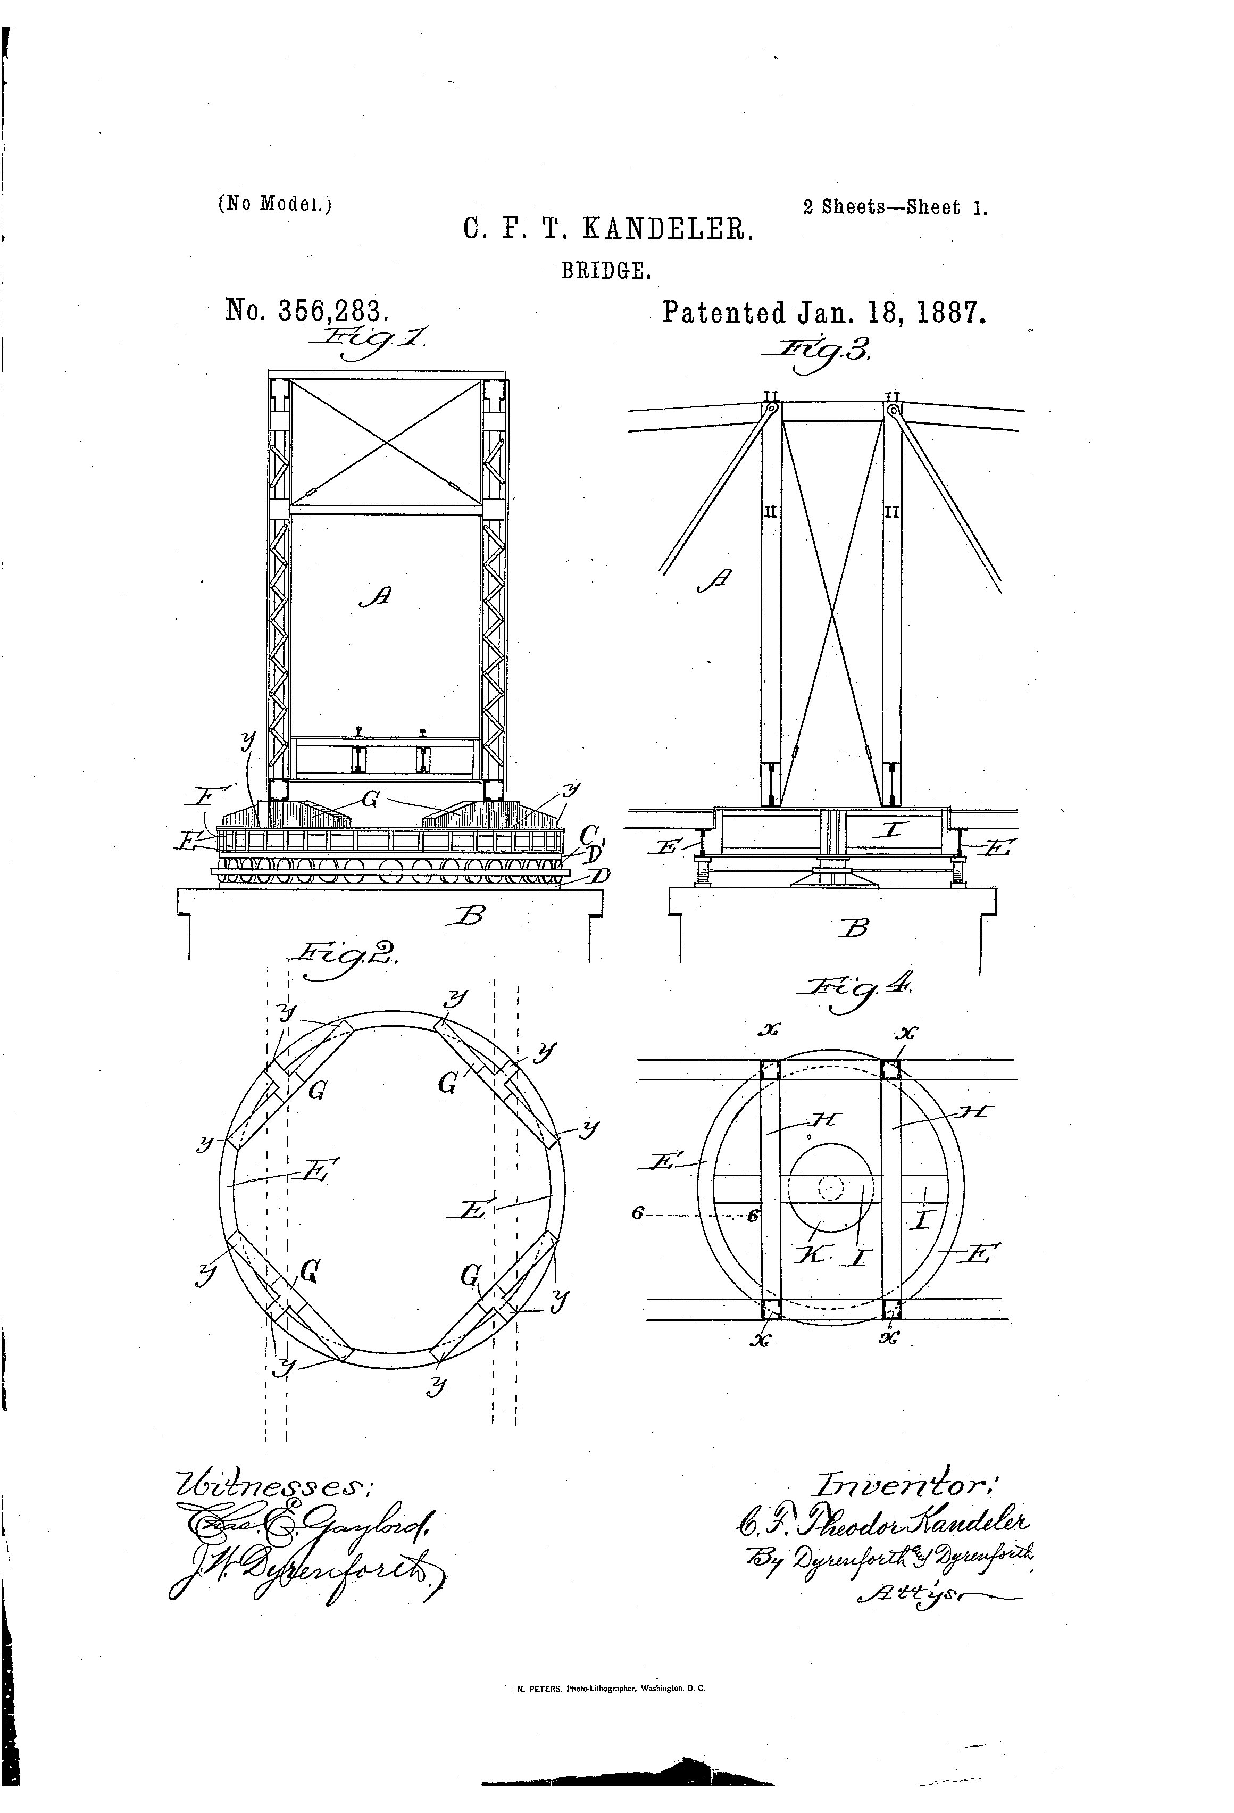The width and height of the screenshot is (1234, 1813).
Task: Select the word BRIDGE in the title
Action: coord(606,271)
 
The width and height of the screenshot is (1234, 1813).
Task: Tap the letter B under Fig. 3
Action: coord(856,928)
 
